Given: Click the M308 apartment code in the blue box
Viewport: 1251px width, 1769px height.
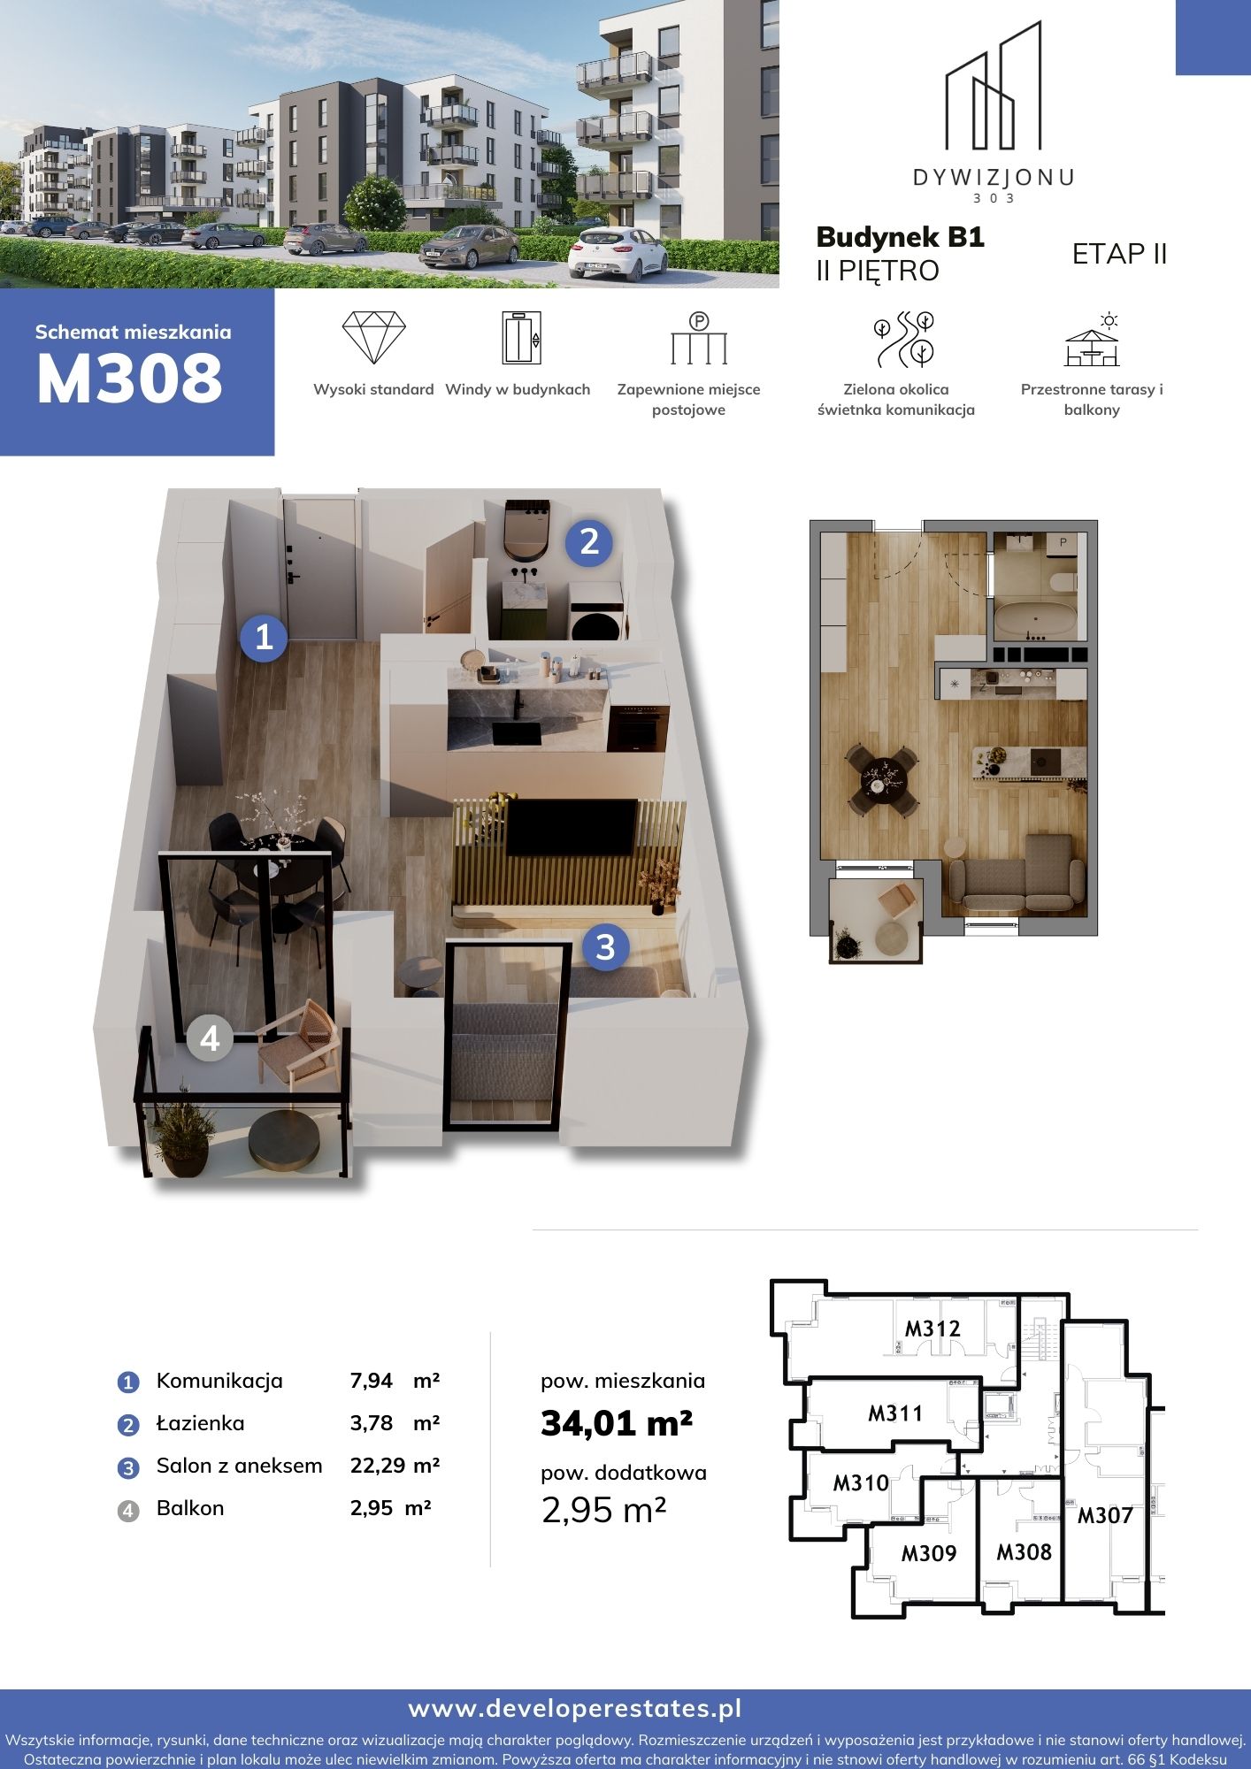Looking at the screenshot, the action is (x=129, y=379).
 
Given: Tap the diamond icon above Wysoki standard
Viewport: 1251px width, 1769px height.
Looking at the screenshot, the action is (x=373, y=337).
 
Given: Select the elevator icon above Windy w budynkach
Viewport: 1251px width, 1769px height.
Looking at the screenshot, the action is (x=521, y=337).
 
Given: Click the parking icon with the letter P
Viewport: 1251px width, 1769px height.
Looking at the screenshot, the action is (x=698, y=338).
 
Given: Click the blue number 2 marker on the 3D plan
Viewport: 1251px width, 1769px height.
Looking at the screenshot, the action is (x=589, y=541).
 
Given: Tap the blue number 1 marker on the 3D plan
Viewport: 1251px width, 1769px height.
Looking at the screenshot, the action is (x=264, y=637).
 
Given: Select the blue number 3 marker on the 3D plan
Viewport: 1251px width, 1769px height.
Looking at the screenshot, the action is (x=605, y=947).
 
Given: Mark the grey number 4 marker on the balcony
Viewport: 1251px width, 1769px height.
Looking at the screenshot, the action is (x=210, y=1038).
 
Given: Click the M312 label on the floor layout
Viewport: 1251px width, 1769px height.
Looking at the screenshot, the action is (x=932, y=1329).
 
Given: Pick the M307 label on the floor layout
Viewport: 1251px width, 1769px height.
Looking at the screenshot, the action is (x=1105, y=1516).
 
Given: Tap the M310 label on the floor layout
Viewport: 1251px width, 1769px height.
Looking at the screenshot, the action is (x=861, y=1482).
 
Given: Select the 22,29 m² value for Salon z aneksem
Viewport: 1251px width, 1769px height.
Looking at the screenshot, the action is (x=395, y=1466).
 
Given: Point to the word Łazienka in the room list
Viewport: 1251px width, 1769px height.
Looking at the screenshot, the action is (x=200, y=1423).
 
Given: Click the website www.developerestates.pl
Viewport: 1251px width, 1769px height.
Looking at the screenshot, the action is (x=575, y=1709).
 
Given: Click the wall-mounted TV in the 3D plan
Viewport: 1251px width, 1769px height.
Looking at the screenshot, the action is (x=572, y=827).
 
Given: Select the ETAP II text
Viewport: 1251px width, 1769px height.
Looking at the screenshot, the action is (x=1119, y=254).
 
